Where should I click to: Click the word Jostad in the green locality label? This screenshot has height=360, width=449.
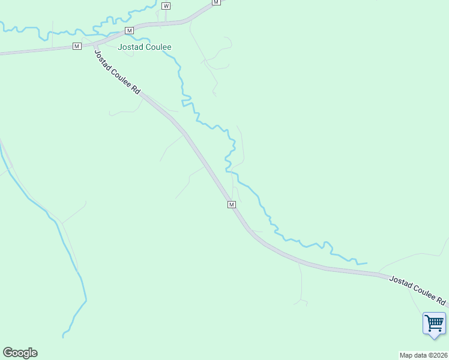[131, 47]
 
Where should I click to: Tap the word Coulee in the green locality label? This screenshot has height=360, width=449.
[158, 47]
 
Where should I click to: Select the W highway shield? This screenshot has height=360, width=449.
[166, 5]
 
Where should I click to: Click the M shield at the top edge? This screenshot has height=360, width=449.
[216, 2]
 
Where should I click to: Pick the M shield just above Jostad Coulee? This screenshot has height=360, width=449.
[128, 30]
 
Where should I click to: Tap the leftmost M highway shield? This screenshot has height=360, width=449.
[77, 46]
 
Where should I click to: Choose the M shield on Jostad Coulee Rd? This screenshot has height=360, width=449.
[232, 205]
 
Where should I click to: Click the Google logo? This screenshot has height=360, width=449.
[20, 353]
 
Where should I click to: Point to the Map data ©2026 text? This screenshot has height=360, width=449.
[423, 355]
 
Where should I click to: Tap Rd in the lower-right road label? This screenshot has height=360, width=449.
[441, 300]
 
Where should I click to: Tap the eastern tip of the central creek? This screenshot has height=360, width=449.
[367, 263]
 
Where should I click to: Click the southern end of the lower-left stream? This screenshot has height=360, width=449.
[63, 337]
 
